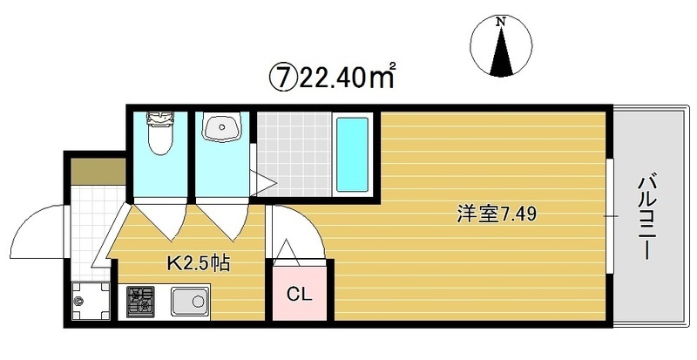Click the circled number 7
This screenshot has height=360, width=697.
pos(280,78)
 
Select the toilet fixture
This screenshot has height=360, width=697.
pos(159,132)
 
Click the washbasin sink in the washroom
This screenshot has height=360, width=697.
pos(221,129)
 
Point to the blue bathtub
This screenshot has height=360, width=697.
pos(353,155)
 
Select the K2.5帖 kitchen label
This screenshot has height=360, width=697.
pos(199,260)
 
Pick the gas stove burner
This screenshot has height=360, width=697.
pos(140,302)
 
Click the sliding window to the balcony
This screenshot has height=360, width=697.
pos(610,214)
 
